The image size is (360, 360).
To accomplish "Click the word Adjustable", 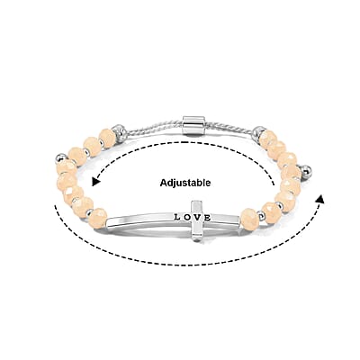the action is coord(185,183).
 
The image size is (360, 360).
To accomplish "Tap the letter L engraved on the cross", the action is coord(177,217).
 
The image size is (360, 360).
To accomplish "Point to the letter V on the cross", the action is coord(197,217).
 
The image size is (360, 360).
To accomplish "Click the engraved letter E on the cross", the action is coord(207,218).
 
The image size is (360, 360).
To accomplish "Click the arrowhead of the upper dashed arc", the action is coord(96,182).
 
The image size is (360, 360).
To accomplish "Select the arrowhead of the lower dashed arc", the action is coord(320,199).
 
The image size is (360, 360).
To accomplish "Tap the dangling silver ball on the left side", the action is coord(60,157).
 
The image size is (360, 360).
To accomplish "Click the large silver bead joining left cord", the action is coord(120,131).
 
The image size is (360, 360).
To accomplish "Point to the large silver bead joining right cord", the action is coord(258,132).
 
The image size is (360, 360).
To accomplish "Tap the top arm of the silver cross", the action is coord(197,206).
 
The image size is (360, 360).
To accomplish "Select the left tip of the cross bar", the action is coord(107,222).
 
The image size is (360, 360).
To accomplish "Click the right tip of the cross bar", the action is coord(239,221).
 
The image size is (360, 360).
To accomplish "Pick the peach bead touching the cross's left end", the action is coord(98,219).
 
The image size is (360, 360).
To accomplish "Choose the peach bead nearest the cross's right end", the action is coord(248,217).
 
